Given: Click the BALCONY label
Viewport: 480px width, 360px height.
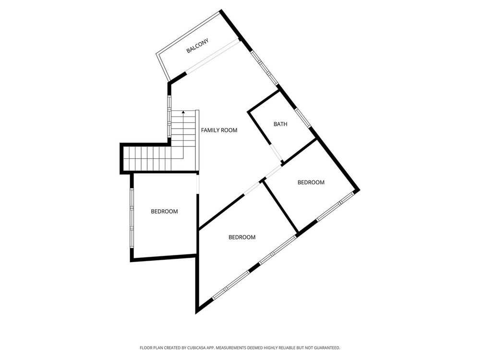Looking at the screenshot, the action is point(197,46).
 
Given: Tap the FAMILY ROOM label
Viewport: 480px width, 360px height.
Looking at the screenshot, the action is point(219,130).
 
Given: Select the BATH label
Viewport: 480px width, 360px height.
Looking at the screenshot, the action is point(280,124).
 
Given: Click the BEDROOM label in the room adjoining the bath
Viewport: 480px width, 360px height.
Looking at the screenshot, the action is point(311,182).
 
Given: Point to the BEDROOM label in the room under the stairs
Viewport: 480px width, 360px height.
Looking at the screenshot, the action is point(164,211).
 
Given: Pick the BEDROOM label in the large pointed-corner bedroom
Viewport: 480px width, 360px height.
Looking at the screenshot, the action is point(242,237).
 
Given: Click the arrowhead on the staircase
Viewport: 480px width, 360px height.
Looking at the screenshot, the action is point(183,112).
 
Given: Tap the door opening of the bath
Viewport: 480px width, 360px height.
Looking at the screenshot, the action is point(276,152).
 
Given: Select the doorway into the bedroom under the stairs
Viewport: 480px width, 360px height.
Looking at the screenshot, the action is point(198,184).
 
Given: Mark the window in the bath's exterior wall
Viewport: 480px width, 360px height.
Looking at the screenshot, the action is point(303,117).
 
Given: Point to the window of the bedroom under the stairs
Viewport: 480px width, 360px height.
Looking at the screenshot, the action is point(132,218).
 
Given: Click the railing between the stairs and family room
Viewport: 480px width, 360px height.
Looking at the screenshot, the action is point(197,140).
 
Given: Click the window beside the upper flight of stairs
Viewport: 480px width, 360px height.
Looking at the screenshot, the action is point(169,117).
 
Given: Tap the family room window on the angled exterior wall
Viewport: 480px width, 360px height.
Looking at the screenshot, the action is point(264,68).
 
